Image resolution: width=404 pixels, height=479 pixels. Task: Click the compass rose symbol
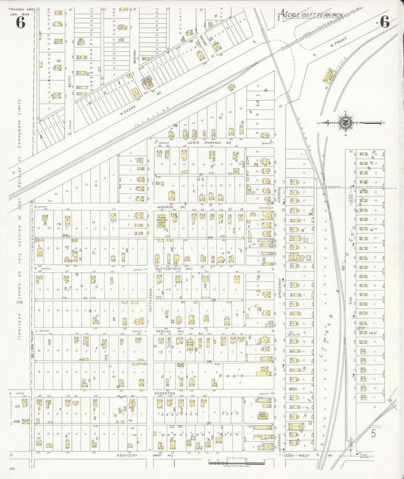(x=345, y=122)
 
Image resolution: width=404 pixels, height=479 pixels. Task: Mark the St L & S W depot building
(x=330, y=75)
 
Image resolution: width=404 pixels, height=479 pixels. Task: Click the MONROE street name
(x=165, y=207)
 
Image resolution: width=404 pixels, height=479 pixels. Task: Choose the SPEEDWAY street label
(x=279, y=288)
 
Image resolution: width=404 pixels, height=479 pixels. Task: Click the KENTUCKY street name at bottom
(x=127, y=455)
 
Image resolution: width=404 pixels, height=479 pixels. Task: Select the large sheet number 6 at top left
(x=20, y=22)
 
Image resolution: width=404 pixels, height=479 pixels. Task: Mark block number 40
(x=210, y=237)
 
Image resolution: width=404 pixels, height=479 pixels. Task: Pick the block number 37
(x=209, y=423)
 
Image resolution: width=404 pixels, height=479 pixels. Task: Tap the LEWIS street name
(x=193, y=142)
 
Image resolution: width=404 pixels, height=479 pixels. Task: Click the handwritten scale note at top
(x=313, y=15)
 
